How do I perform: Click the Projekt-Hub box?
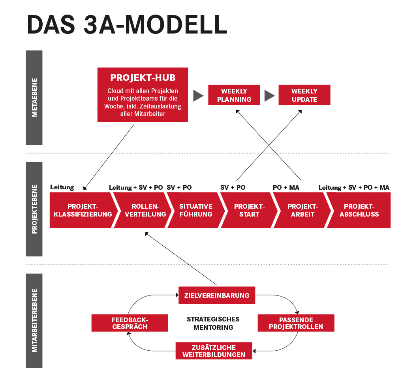pyautogui.click(x=143, y=95)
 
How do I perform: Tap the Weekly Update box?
pyautogui.click(x=304, y=95)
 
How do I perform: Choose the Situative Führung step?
pyautogui.click(x=195, y=210)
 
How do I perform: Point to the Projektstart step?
pyautogui.click(x=249, y=210)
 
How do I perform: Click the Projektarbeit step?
pyautogui.click(x=302, y=210)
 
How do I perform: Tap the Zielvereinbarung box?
pyautogui.click(x=217, y=295)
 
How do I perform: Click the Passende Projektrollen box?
pyautogui.click(x=296, y=323)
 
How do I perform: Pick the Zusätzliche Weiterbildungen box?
pyautogui.click(x=214, y=351)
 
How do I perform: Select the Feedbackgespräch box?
pyautogui.click(x=130, y=323)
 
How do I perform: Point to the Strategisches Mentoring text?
pyautogui.click(x=213, y=323)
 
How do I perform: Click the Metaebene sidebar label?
pyautogui.click(x=34, y=97)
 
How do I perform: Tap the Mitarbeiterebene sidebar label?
pyautogui.click(x=34, y=320)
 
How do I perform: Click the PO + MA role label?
pyautogui.click(x=286, y=187)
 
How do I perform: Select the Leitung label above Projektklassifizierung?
pyautogui.click(x=62, y=187)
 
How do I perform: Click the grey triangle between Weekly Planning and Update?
pyautogui.click(x=269, y=95)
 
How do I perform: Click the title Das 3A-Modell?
pyautogui.click(x=127, y=25)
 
